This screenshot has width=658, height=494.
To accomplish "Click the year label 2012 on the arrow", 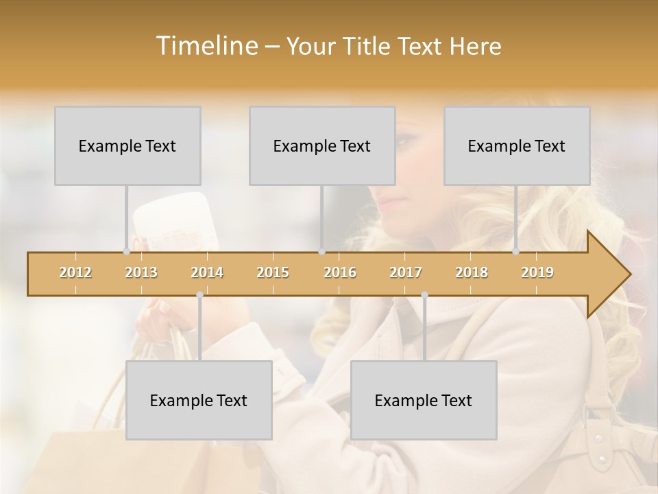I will coord(75,272).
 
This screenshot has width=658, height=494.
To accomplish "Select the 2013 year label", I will coord(141,272).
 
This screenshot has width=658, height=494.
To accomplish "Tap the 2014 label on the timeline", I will coord(207,272).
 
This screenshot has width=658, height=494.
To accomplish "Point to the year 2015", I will coord(273,272).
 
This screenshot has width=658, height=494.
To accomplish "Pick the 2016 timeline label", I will coord(340,272).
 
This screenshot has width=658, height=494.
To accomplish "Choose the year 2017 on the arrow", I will coord(406,272).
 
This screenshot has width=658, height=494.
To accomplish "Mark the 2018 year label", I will coord(472,272).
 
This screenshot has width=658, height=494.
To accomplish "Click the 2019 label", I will coord(537,272).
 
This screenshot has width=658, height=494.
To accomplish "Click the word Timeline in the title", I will coord(206,46).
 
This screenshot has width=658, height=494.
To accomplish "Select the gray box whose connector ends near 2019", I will coord(517,145).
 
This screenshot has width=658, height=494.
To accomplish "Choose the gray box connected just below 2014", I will coord(199,400).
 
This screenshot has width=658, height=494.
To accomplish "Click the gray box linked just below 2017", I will coord(424,400).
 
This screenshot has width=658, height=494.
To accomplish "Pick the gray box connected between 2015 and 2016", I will coord(322,145).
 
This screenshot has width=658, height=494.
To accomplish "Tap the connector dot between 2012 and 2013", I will coord(126,251).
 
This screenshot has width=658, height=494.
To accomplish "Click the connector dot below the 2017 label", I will coord(424,295).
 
